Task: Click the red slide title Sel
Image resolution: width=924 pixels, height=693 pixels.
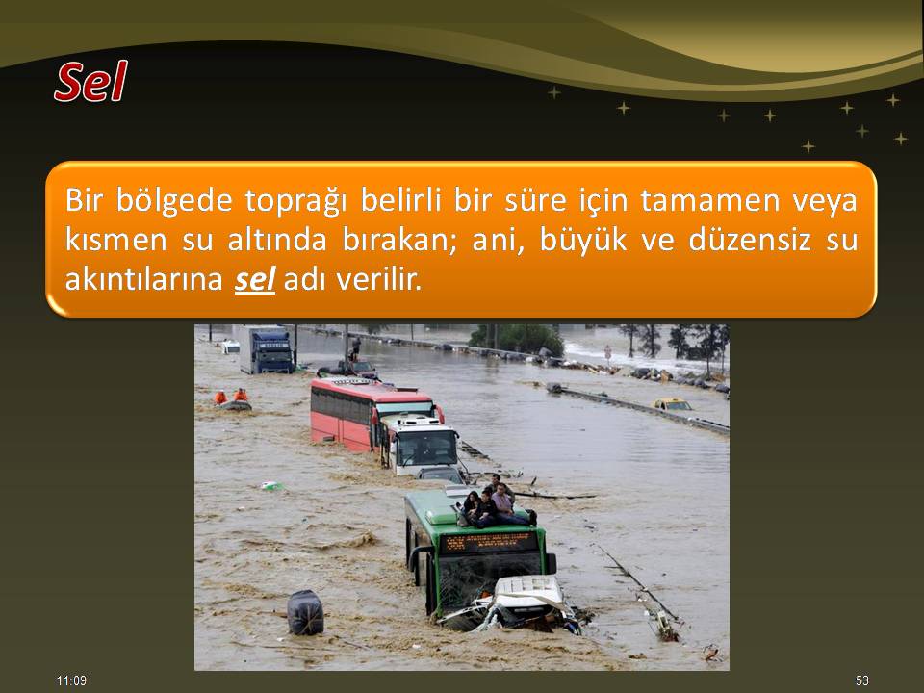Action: click(x=90, y=81)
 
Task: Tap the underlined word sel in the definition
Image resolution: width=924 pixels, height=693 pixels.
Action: click(x=254, y=279)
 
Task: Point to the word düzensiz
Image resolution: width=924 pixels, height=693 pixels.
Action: click(x=750, y=240)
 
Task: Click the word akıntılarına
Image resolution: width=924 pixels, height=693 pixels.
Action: click(x=143, y=279)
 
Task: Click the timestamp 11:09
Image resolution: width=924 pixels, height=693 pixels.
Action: click(x=72, y=680)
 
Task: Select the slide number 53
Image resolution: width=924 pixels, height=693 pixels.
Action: click(x=862, y=680)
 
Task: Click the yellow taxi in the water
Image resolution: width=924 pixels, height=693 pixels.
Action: click(x=673, y=404)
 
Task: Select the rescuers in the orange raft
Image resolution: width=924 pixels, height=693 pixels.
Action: click(x=232, y=399)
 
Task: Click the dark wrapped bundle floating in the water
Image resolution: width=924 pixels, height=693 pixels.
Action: click(x=305, y=612)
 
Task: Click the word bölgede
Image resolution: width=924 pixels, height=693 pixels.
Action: click(x=174, y=201)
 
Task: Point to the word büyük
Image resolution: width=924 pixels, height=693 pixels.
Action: click(x=583, y=240)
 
